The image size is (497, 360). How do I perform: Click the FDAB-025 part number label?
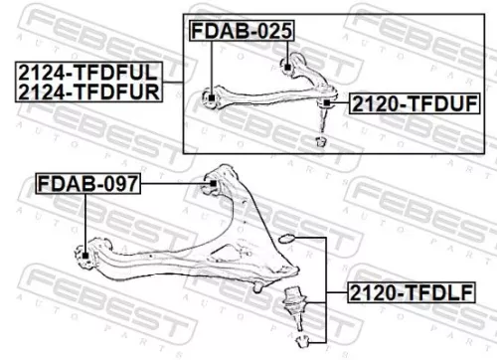(x=243, y=32)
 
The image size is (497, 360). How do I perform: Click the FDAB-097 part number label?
(x=88, y=183)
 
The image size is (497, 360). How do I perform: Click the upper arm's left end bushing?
(x=212, y=97)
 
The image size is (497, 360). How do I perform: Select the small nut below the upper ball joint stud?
(x=320, y=141)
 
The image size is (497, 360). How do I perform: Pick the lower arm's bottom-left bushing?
(x=86, y=257)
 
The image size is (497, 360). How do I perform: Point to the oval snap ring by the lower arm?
(x=285, y=239)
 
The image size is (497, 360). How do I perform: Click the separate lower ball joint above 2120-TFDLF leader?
(x=293, y=298)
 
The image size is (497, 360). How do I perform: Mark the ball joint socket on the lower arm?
(x=257, y=283)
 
